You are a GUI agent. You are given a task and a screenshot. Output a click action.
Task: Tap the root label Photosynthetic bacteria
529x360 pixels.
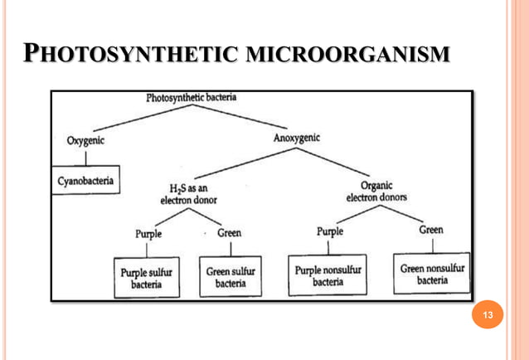point(192,98)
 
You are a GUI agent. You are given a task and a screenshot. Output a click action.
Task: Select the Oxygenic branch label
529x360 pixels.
point(86,139)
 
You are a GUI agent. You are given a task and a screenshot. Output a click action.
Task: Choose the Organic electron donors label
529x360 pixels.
point(376,192)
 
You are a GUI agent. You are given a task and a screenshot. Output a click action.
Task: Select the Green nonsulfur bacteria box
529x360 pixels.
point(432,274)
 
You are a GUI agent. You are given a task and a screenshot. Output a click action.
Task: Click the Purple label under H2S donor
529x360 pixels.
point(149,233)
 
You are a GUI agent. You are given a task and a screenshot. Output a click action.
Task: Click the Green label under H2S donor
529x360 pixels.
point(229,232)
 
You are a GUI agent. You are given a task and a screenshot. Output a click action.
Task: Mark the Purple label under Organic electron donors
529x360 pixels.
point(329,231)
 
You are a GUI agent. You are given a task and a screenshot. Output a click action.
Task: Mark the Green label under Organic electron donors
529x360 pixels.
point(430,230)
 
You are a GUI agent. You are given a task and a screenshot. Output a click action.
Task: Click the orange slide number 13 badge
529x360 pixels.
point(488,314)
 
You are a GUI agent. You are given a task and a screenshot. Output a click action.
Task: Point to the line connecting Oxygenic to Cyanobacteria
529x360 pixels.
point(85,158)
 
